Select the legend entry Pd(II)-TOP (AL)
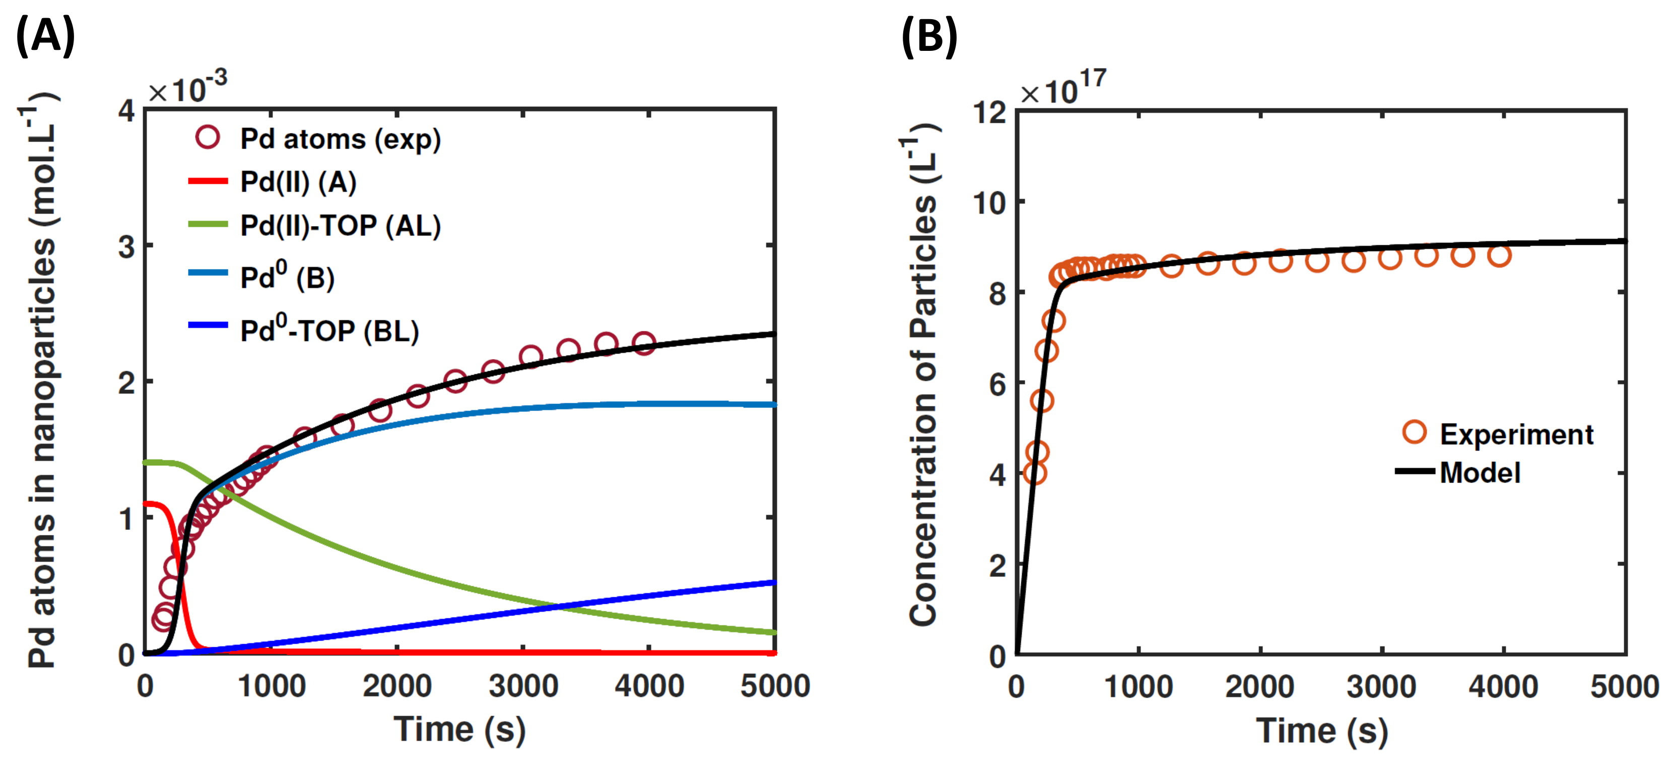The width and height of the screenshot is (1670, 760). click(x=340, y=226)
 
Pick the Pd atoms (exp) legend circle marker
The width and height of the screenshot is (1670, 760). click(x=208, y=137)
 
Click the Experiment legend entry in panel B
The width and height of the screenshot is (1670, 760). click(x=1516, y=434)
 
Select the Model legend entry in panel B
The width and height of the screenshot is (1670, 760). click(x=1480, y=472)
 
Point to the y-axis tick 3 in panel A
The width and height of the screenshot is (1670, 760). click(x=127, y=247)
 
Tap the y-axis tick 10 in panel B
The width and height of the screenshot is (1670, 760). click(x=990, y=203)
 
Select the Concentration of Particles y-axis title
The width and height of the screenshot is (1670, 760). click(x=923, y=382)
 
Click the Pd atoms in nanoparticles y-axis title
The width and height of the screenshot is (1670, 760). click(x=41, y=382)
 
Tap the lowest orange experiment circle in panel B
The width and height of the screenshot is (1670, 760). click(x=1035, y=473)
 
